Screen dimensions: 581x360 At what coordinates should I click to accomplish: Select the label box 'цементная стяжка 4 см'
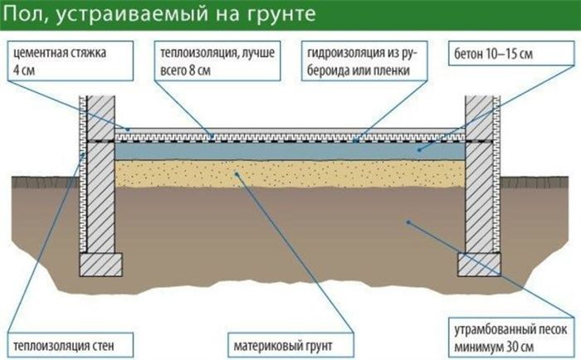[70, 61]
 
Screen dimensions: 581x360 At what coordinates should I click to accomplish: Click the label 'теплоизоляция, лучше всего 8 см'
[217, 61]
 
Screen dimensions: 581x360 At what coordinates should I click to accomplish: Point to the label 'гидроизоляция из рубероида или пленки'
[364, 61]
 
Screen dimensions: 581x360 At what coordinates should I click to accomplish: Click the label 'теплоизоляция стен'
[70, 346]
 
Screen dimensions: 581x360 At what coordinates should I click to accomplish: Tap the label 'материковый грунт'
[290, 346]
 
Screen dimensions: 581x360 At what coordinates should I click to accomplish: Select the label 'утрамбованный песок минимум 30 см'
[511, 338]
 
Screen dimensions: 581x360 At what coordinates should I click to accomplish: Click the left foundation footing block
[100, 265]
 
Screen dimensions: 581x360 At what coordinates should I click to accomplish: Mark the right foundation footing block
[479, 265]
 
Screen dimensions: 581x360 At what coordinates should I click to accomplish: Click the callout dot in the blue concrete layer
[419, 149]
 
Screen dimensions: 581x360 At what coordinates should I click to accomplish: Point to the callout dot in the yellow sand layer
[237, 173]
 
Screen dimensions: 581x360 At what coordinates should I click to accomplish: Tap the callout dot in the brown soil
[408, 222]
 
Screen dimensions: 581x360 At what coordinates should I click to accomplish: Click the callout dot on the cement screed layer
[128, 129]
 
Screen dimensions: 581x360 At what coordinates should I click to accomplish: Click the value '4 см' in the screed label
[24, 70]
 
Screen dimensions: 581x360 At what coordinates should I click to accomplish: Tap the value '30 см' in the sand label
[520, 347]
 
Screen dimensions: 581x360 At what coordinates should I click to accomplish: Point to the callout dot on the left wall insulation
[84, 155]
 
